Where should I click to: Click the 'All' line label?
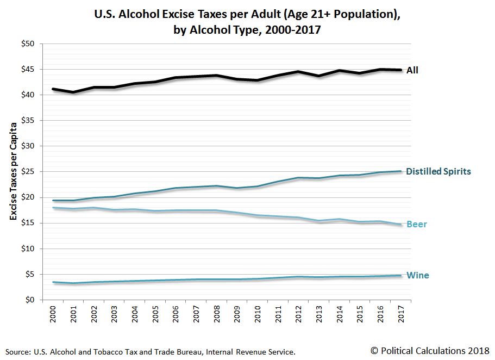coord(412,70)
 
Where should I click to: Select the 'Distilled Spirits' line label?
coord(438,171)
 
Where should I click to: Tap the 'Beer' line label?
coord(416,224)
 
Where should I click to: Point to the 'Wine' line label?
coord(417,275)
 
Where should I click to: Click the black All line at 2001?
coord(73,92)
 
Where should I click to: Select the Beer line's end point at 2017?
coord(400,224)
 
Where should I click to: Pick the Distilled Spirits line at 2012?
coord(298,178)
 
